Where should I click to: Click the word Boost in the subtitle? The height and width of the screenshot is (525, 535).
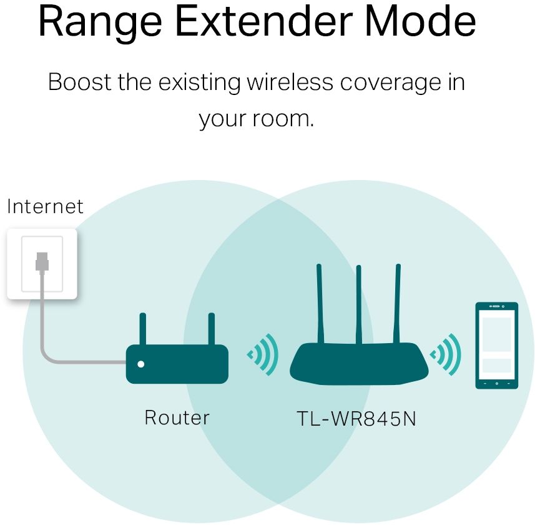[x=78, y=82]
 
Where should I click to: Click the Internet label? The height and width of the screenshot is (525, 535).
[x=45, y=206]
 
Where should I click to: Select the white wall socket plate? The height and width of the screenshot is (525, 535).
[x=42, y=263]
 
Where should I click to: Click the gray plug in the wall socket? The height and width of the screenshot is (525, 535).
[x=42, y=261]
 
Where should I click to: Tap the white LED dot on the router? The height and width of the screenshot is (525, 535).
[x=141, y=364]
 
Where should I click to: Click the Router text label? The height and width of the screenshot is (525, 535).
[x=177, y=417]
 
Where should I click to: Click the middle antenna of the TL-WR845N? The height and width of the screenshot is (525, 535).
[x=358, y=303]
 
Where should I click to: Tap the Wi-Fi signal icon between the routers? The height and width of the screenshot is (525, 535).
[x=263, y=355]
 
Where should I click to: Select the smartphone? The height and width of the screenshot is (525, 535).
[x=496, y=345]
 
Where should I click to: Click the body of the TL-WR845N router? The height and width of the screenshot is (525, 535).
[x=358, y=364]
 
